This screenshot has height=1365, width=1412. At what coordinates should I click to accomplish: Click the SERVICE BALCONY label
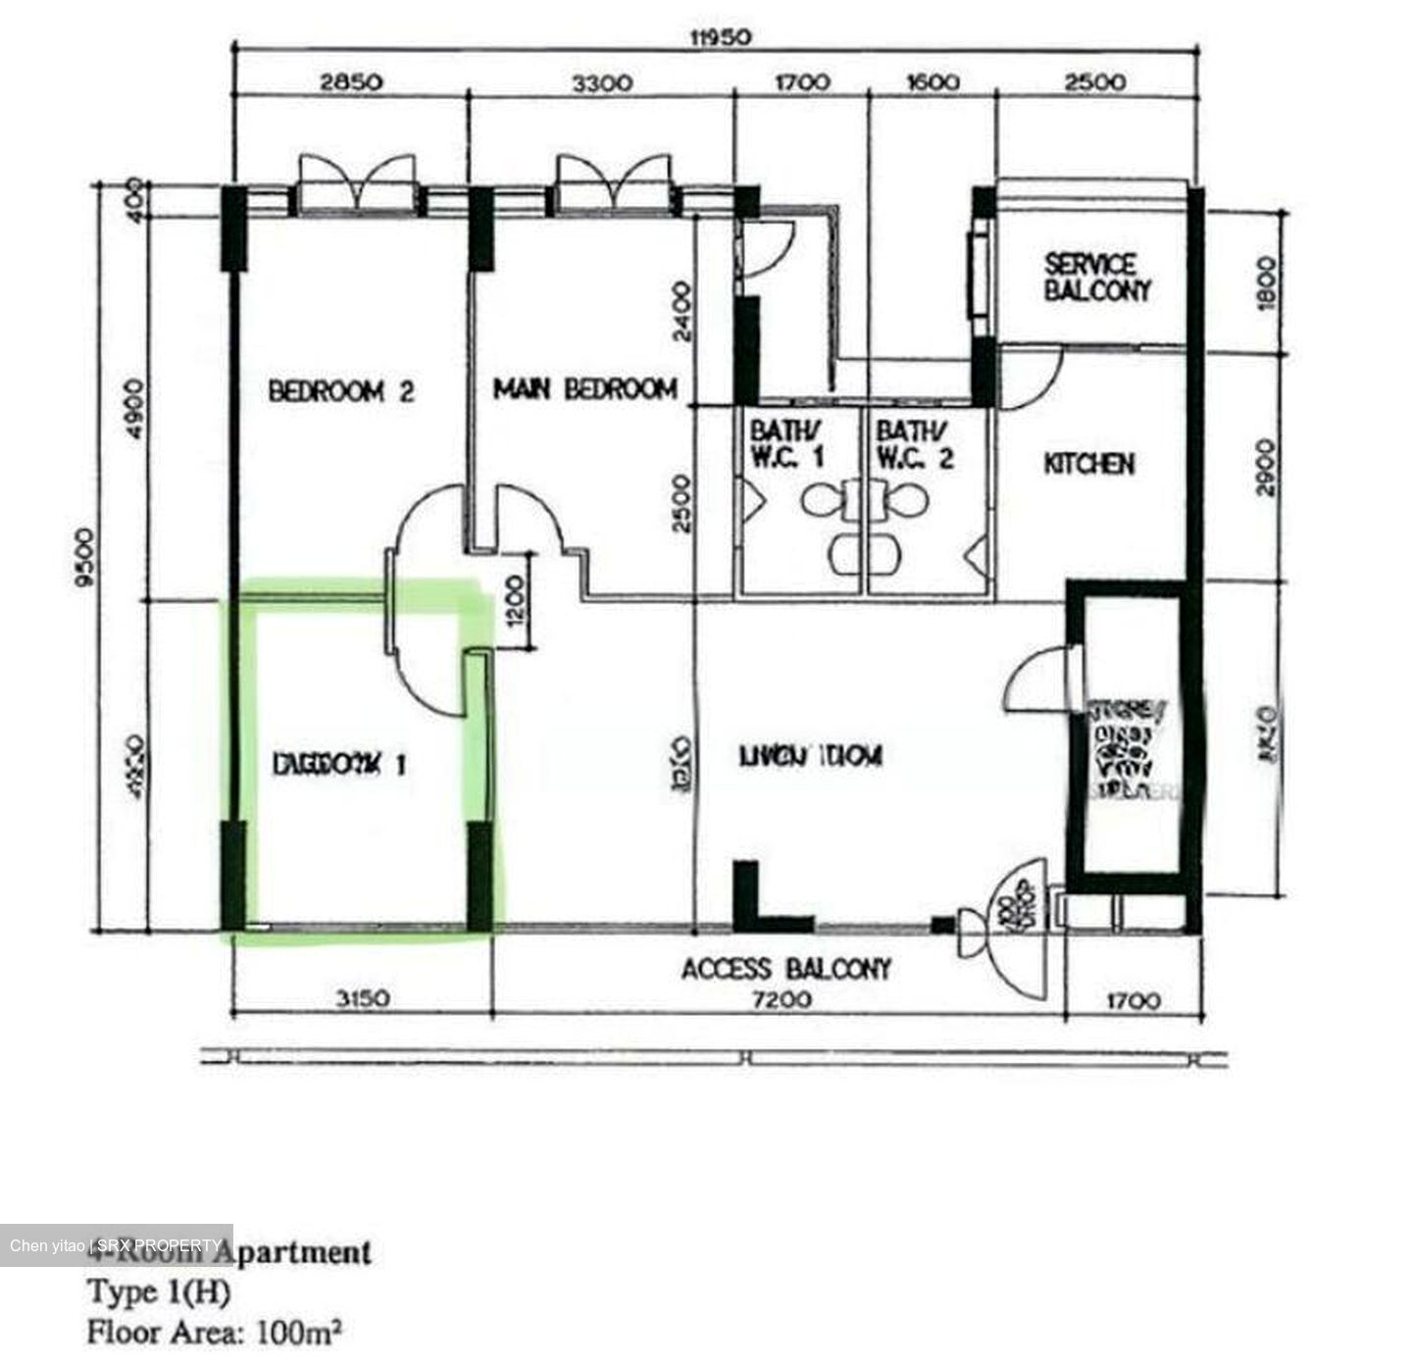point(1096,278)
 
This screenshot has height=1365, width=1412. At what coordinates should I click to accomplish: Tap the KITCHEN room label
point(1088,463)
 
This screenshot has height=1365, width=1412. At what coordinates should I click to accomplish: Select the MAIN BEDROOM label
point(584,389)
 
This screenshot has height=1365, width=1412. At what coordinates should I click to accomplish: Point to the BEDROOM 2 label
point(340,391)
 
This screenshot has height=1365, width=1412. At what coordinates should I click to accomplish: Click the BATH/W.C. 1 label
point(786,443)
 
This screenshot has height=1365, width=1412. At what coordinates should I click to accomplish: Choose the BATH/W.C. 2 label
point(914,443)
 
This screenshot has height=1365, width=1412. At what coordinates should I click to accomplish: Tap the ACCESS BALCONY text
point(786,969)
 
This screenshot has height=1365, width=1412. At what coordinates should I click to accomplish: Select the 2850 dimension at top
point(351,82)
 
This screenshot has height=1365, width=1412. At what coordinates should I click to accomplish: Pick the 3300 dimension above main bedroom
point(602,82)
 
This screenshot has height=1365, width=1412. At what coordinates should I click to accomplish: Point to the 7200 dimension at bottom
point(781,999)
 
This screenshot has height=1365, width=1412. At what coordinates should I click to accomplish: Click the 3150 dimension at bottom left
point(363,999)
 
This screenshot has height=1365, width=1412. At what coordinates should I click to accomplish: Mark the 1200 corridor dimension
point(518,600)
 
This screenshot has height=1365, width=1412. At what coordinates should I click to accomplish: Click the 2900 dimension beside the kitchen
point(1266,467)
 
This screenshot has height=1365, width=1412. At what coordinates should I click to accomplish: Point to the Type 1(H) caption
point(159,1291)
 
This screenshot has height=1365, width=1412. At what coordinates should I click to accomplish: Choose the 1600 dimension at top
point(932,82)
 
